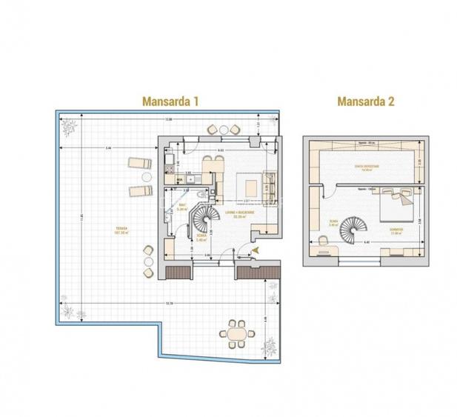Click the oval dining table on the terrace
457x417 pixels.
point(237,335)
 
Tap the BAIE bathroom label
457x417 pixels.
point(181,208)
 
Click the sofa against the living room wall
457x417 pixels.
point(270,181)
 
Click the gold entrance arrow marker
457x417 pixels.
point(255,253)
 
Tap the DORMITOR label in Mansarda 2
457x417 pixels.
point(396,230)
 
